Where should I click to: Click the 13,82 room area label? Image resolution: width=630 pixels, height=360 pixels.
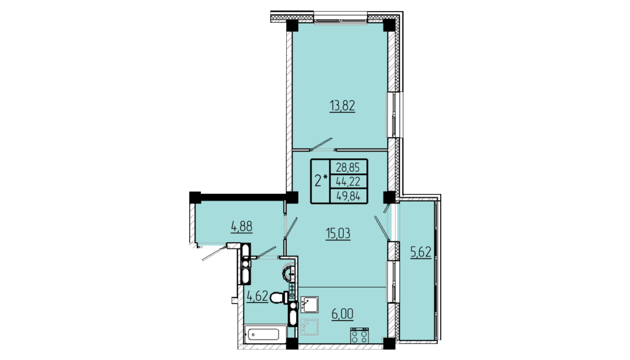(x=343, y=106)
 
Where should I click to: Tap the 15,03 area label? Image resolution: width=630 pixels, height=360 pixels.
(x=338, y=233)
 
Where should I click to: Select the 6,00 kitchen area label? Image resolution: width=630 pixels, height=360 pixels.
(x=343, y=314)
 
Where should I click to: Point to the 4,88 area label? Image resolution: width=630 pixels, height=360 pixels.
(x=242, y=226)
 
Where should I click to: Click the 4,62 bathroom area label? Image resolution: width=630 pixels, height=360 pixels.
(x=257, y=297)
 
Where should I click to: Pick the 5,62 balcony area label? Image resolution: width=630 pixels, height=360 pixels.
(x=420, y=253)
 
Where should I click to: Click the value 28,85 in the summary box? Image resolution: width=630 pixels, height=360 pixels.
(x=348, y=167)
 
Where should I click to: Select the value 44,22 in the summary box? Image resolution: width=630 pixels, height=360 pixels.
(x=348, y=182)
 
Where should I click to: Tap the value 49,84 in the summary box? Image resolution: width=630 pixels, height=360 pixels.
(x=348, y=196)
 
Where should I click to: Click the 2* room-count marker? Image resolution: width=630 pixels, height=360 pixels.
(x=321, y=181)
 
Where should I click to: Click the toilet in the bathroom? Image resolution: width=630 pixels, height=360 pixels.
(x=279, y=298)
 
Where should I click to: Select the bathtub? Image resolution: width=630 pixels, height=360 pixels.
(x=264, y=334)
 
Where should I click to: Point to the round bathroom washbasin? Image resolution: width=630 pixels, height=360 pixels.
(x=290, y=275)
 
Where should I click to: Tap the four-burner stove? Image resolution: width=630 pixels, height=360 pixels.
(x=359, y=335)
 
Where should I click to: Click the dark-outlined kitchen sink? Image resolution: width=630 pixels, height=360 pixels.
(x=309, y=304)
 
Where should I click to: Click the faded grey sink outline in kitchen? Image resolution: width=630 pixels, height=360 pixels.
(x=309, y=327)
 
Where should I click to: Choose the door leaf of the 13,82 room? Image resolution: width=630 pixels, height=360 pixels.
(x=322, y=144)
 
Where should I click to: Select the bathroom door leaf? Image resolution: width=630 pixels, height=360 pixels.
(x=265, y=251)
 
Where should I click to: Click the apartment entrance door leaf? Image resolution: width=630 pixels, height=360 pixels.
(x=215, y=253)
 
